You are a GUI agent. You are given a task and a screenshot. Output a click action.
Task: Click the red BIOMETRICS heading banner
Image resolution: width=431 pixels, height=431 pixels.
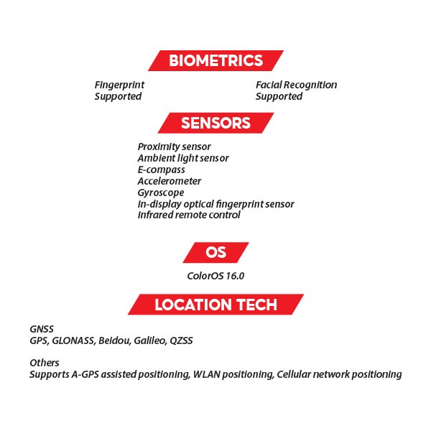[215, 61]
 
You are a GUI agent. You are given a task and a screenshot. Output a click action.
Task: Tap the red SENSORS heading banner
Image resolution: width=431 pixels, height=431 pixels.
[215, 123]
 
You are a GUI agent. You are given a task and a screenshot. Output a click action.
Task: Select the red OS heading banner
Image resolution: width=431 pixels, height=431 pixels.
[215, 253]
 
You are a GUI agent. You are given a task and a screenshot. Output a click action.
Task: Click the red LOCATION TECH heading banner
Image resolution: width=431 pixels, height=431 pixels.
[215, 305]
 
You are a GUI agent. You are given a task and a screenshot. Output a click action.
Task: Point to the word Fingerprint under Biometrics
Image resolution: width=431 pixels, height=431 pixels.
[119, 85]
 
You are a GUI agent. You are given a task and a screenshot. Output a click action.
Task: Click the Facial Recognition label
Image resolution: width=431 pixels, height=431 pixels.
[296, 85]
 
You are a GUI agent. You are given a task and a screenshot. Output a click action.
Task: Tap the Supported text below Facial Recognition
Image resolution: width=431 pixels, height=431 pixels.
[279, 96]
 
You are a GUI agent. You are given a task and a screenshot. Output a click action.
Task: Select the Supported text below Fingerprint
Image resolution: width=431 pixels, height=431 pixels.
[118, 96]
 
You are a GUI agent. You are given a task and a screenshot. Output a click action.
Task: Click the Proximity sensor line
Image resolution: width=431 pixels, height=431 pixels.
[174, 147]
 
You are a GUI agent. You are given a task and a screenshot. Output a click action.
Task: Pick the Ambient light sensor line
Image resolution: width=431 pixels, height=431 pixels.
[183, 158]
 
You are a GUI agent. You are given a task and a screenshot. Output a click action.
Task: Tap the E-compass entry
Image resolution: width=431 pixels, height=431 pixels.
[161, 170]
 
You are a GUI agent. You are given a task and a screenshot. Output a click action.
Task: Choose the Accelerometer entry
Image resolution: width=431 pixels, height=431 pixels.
[170, 181]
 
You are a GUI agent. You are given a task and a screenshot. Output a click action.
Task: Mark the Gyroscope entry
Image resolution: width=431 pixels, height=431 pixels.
[160, 193]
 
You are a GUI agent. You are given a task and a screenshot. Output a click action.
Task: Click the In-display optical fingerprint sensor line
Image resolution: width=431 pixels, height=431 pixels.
[215, 204]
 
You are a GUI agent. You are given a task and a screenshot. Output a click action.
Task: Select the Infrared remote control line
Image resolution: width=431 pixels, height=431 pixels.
[188, 215]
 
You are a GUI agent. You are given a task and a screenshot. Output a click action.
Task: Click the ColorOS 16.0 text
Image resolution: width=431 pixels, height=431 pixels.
[215, 275]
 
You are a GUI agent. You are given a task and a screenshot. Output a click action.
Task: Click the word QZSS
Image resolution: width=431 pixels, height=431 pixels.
[181, 340]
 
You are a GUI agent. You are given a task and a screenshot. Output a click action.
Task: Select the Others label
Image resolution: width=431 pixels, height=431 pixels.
[45, 363]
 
